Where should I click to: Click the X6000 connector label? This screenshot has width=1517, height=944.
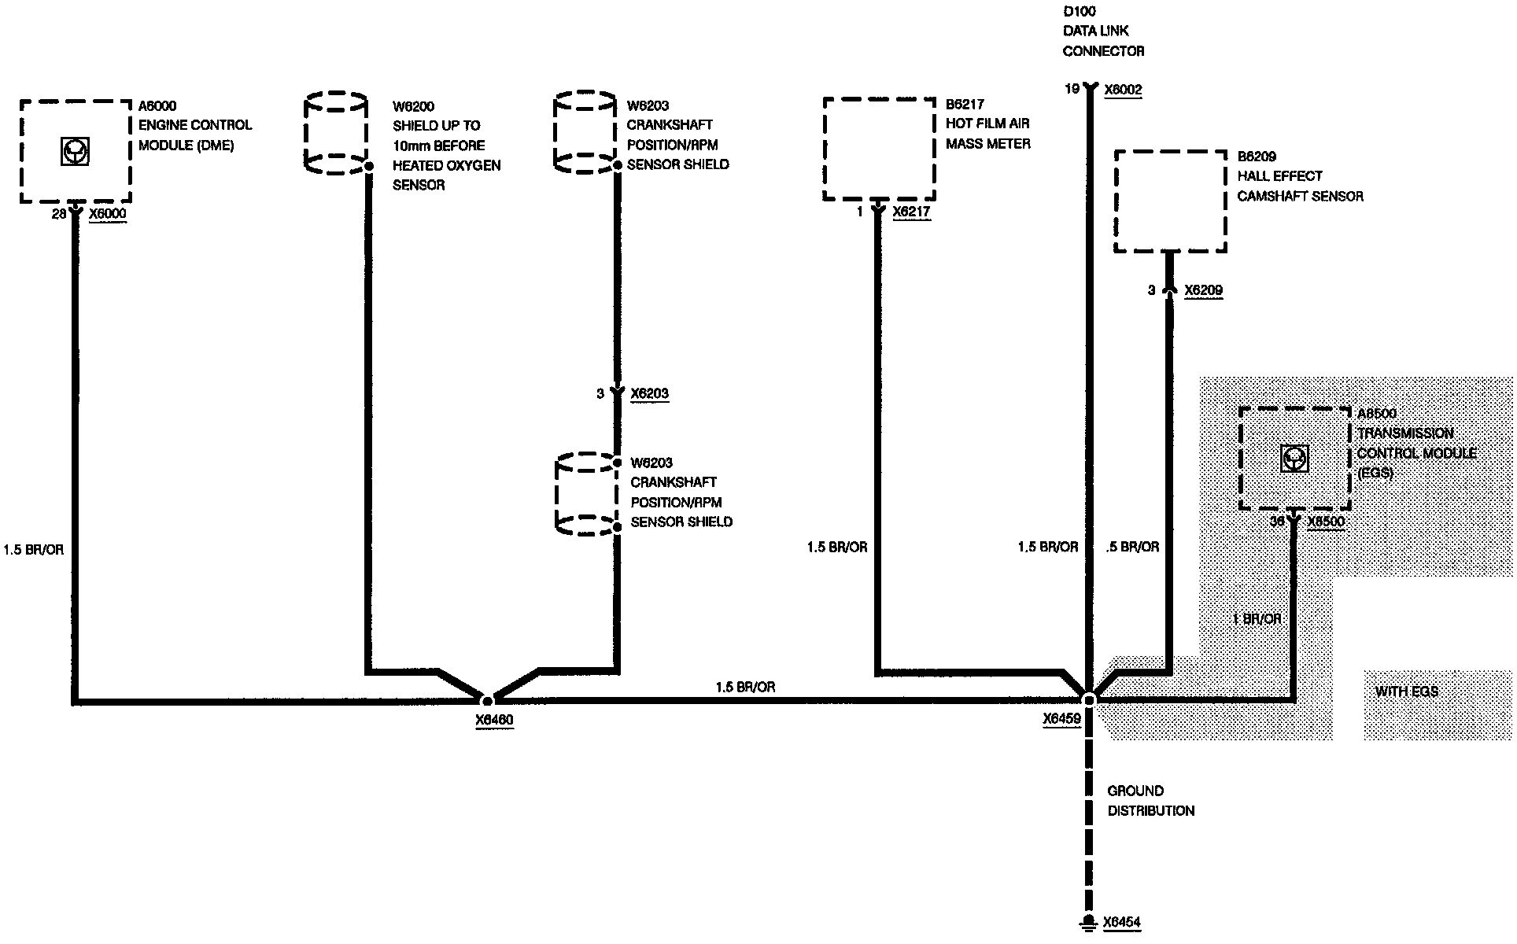click(x=108, y=214)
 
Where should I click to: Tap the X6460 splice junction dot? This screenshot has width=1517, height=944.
click(x=487, y=700)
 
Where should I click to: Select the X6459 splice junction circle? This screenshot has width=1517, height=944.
click(x=1090, y=699)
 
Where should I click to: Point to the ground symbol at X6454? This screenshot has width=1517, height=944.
click(x=1088, y=923)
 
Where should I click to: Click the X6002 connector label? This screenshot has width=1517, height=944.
click(x=1123, y=90)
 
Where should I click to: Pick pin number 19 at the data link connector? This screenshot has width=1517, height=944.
click(x=1072, y=89)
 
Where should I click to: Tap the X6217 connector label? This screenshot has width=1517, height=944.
click(x=911, y=212)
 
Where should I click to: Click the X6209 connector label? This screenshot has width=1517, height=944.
click(x=1203, y=290)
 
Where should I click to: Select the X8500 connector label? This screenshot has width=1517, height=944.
click(x=1326, y=522)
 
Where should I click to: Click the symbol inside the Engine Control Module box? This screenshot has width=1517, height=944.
click(x=76, y=150)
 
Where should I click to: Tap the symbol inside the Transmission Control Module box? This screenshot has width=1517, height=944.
click(x=1294, y=458)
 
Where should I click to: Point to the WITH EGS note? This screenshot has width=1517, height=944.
click(x=1407, y=691)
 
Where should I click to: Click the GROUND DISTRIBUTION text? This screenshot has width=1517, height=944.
click(x=1150, y=801)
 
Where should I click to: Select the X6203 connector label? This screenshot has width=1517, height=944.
click(x=649, y=393)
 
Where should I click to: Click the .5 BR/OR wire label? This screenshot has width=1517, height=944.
click(x=1132, y=547)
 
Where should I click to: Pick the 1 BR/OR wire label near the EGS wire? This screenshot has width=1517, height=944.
click(x=1257, y=619)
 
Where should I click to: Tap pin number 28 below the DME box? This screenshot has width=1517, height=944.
click(x=58, y=214)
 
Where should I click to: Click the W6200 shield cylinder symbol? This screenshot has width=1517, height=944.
click(x=336, y=133)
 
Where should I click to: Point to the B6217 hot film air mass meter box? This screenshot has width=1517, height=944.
click(x=879, y=149)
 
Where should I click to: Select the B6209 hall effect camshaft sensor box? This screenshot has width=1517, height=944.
click(x=1170, y=201)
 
